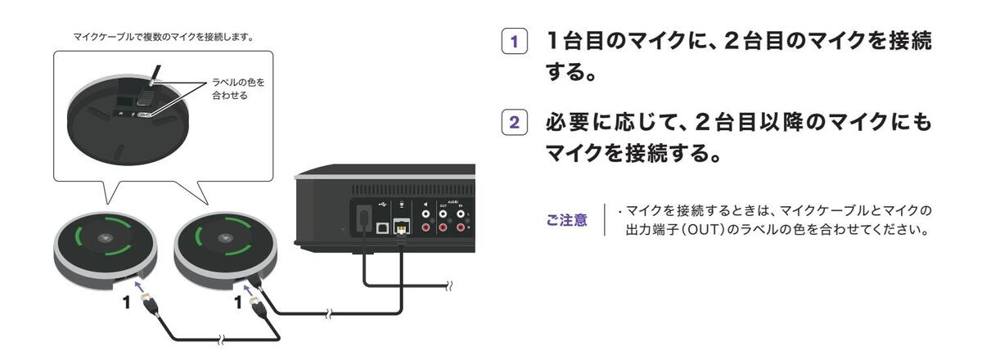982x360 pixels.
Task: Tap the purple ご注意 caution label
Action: click(x=566, y=220)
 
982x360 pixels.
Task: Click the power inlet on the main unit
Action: click(x=360, y=218)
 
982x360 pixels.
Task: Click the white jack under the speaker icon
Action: click(x=426, y=218)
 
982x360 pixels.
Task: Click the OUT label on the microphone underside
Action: click(x=144, y=115)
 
